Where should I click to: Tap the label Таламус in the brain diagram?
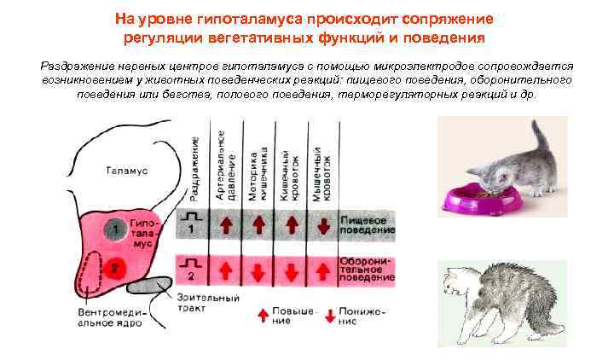click(x=127, y=171)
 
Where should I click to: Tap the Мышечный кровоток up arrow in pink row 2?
click(x=322, y=270)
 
